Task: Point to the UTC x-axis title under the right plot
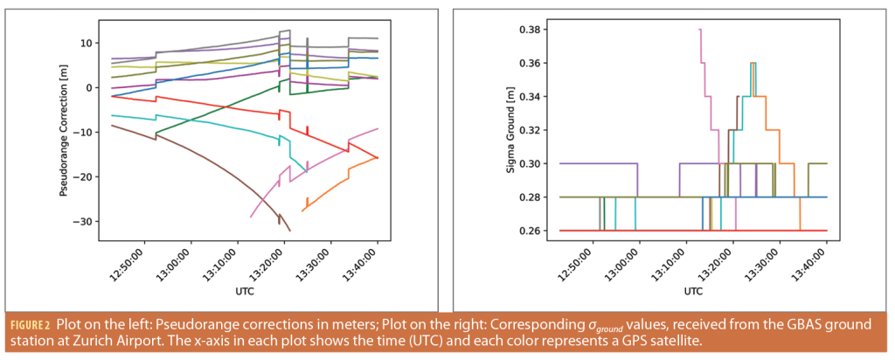(693, 290)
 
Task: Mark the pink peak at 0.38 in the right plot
(700, 31)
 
